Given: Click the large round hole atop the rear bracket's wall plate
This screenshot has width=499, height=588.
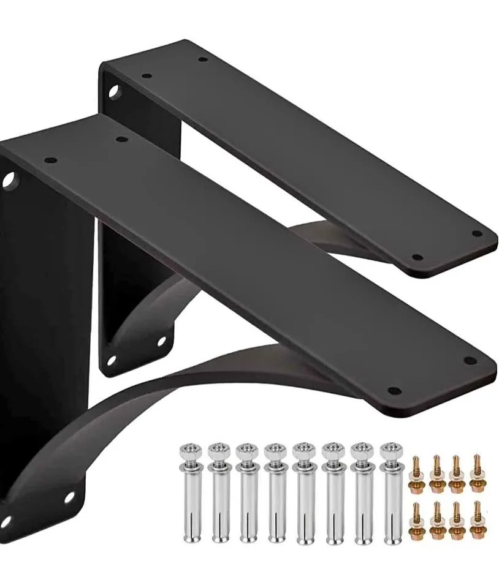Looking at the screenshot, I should point(113,92).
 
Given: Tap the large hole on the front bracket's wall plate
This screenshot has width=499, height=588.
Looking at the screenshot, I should point(9,181).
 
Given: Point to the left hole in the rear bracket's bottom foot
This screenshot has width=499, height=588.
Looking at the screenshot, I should point(111,360).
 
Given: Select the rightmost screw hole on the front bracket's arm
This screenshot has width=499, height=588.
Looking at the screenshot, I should point(470,360).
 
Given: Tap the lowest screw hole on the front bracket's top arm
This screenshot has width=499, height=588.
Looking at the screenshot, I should point(394,390).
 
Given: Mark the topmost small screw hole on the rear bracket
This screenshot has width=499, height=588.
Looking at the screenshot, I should point(203,60).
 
